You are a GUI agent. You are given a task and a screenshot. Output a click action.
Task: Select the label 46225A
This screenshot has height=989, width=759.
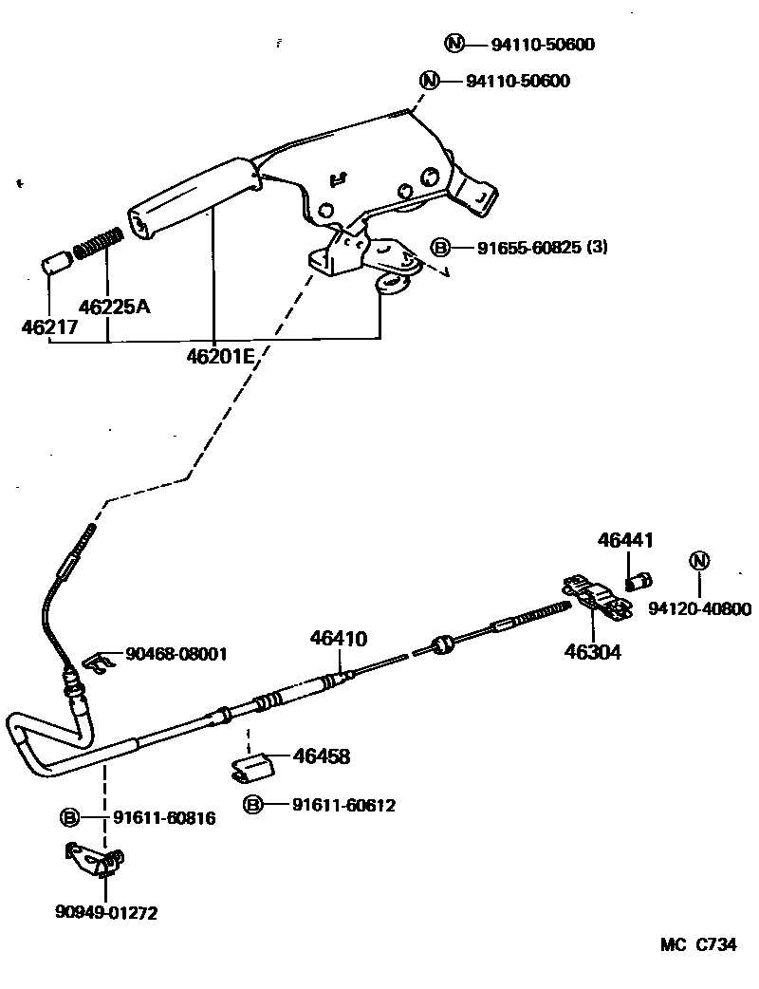click(114, 308)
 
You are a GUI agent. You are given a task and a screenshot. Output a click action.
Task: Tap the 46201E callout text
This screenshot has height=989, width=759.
click(221, 357)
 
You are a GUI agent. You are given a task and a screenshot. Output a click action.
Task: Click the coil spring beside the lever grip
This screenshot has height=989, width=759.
click(98, 243)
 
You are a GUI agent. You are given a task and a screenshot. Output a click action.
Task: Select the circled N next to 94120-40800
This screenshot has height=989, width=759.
click(699, 561)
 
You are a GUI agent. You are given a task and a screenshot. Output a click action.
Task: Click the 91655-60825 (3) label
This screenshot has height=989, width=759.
click(542, 248)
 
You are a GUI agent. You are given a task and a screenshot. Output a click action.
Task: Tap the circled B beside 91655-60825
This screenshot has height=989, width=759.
click(440, 248)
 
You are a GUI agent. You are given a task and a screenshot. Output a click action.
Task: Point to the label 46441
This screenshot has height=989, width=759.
click(625, 540)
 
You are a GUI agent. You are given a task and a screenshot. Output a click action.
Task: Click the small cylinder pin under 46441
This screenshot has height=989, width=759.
click(639, 578)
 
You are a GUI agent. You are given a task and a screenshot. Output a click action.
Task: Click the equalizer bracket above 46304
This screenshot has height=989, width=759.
click(595, 598)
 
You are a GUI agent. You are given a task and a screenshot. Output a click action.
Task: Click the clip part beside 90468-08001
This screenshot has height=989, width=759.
click(91, 662)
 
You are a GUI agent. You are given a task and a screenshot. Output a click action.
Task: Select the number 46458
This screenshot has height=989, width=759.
click(322, 756)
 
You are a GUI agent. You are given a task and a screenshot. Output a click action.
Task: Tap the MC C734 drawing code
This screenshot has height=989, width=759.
click(698, 945)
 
